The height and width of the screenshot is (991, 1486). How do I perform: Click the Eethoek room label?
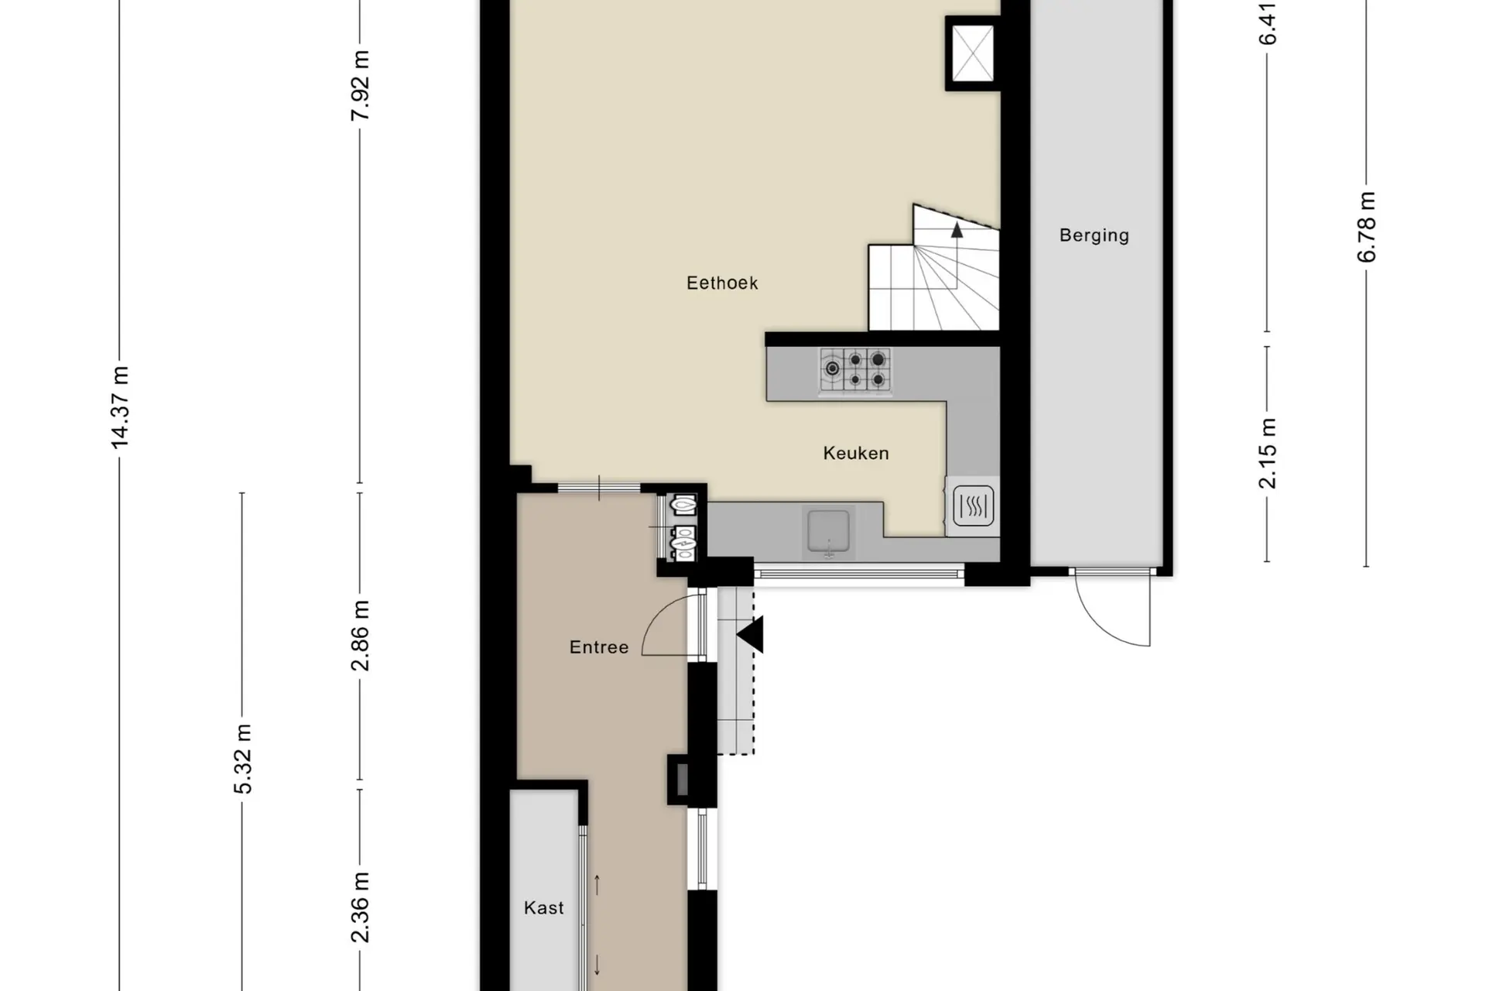pyautogui.click(x=722, y=283)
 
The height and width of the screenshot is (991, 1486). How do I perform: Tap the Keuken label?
pyautogui.click(x=856, y=453)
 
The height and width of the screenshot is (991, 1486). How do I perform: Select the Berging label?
pyautogui.click(x=1094, y=235)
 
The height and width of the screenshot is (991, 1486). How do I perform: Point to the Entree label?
pyautogui.click(x=599, y=647)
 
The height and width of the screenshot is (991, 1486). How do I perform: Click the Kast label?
pyautogui.click(x=544, y=907)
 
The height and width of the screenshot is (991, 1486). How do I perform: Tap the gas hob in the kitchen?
pyautogui.click(x=855, y=369)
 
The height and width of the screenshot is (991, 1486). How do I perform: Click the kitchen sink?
pyautogui.click(x=828, y=531)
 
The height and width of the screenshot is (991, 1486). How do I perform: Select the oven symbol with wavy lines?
pyautogui.click(x=973, y=506)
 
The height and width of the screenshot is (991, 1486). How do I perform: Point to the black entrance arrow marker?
pyautogui.click(x=750, y=635)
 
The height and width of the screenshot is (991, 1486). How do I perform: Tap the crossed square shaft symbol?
pyautogui.click(x=972, y=53)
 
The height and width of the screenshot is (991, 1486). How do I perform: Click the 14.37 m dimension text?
pyautogui.click(x=120, y=407)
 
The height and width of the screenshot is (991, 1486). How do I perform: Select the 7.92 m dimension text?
pyautogui.click(x=360, y=85)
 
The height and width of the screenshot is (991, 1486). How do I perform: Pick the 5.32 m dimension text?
pyautogui.click(x=242, y=759)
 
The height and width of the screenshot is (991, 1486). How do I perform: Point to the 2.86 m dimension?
pyautogui.click(x=360, y=636)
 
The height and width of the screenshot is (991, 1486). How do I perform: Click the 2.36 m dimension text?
pyautogui.click(x=360, y=907)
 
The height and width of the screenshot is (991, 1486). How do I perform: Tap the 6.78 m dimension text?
pyautogui.click(x=1367, y=227)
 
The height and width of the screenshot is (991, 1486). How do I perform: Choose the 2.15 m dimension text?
pyautogui.click(x=1268, y=453)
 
